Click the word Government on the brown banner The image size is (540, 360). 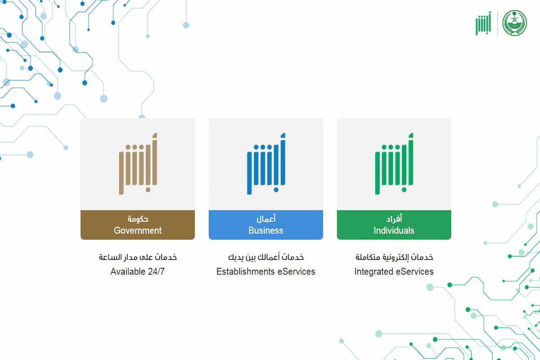coord(138,230)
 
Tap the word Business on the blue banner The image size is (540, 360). coord(266,230)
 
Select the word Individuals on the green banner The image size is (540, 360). coord(394,230)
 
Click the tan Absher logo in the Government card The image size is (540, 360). coord(138,164)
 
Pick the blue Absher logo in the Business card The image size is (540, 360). coord(266,164)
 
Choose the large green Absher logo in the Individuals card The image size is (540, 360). coord(394,164)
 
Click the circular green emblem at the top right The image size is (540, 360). coord(514,23)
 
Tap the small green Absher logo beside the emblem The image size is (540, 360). coord(483,23)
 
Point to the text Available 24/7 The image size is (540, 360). coord(137,271)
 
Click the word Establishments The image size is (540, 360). coord(245,271)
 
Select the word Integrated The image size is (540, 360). coord(373,272)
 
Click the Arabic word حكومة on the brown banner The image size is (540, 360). coord(138,219)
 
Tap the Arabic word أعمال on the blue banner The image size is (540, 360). coord(266,219)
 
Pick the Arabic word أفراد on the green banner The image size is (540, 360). coord(394,219)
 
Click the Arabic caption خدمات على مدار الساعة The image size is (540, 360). coord(138,257)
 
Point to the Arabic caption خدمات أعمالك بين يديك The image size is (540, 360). coord(266,257)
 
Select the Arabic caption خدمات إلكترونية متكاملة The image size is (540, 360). coord(394,257)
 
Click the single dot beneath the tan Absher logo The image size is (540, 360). coord(148,190)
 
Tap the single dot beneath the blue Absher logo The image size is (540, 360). coord(276,190)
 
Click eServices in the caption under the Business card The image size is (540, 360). coord(296,271)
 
